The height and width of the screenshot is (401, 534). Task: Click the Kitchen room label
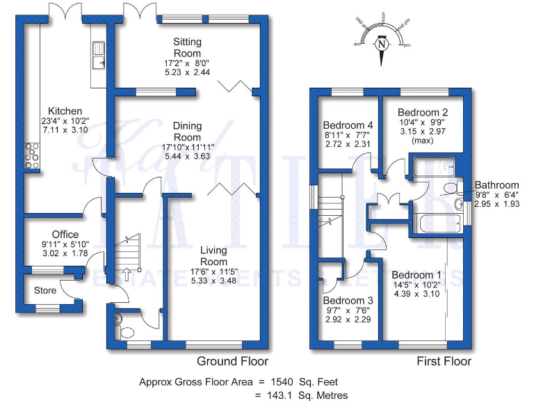click(x=65, y=111)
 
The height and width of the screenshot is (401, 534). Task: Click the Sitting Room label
click(x=187, y=47)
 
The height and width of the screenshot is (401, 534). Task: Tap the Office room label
click(x=65, y=235)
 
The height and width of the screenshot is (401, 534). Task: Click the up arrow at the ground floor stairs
click(x=127, y=272)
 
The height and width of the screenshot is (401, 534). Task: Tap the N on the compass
click(x=382, y=45)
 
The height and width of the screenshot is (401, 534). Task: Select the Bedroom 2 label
click(x=422, y=112)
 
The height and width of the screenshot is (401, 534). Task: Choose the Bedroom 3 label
click(x=350, y=300)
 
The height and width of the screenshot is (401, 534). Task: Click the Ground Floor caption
click(x=232, y=361)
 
